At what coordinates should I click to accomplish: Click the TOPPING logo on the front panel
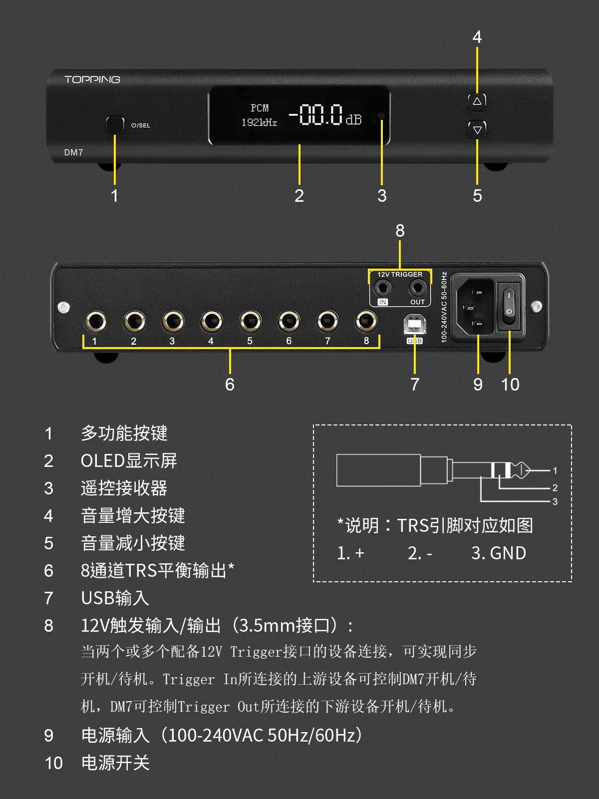92,79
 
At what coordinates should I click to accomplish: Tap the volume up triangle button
477,101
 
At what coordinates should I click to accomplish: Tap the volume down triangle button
477,130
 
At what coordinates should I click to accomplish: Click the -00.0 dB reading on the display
325,115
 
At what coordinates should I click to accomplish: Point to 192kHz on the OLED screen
259,122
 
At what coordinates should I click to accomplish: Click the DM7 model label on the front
73,152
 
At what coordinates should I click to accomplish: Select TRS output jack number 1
95,322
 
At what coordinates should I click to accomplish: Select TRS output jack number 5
250,322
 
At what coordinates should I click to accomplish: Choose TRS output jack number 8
366,322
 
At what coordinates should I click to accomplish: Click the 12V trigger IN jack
383,288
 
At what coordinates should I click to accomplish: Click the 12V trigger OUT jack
417,288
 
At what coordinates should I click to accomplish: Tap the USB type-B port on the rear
414,325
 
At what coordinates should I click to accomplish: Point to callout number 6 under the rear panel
230,385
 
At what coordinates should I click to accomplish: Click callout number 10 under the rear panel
510,385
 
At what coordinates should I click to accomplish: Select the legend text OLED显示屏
129,460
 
